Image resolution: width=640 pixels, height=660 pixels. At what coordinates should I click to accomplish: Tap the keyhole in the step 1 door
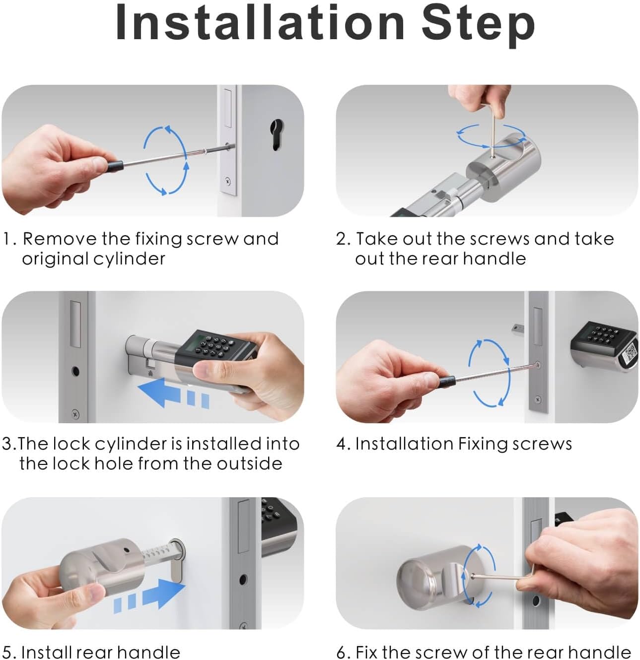pos(277,134)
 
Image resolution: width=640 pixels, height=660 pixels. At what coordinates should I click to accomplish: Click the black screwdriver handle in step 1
pos(115,166)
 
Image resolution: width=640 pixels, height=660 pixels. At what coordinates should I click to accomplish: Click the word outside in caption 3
pos(249,463)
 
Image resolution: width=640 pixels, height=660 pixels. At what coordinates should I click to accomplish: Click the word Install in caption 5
pos(47,652)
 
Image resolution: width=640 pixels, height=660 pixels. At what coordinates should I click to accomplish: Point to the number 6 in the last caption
pos(341,652)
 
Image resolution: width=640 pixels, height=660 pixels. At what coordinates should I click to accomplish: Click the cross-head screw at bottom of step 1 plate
pos(228,182)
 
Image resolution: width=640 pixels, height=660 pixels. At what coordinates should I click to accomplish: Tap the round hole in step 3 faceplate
pos(75,371)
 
